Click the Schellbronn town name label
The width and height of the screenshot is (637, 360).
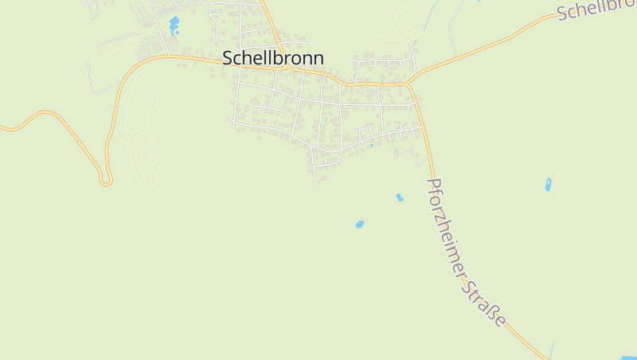point(273,58)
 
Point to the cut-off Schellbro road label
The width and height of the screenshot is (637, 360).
point(596,10)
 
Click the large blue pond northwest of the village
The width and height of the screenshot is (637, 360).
point(174,25)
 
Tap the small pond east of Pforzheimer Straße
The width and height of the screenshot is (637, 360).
point(548,184)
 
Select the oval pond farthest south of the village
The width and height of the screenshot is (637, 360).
point(360,225)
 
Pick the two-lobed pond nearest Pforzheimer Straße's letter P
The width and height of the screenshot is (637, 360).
point(399,197)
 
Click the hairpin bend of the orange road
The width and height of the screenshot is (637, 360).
point(105,181)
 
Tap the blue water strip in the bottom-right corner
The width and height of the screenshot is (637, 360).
point(628,358)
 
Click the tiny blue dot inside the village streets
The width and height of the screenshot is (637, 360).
point(371,146)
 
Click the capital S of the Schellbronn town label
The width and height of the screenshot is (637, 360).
point(229,58)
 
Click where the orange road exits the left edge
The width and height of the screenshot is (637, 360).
point(2,127)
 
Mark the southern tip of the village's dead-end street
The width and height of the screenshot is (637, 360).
point(315,184)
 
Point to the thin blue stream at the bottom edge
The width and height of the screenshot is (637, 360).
point(551,351)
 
